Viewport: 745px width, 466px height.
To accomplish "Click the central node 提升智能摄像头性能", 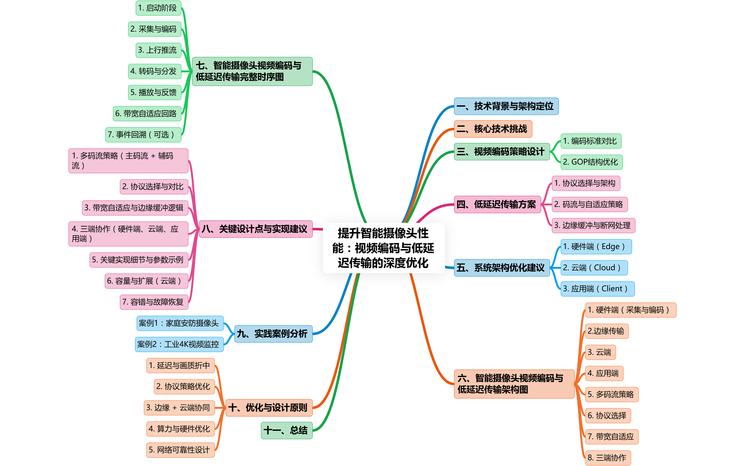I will point(384,248).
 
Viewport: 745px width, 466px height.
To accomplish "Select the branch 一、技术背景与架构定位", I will point(506,106).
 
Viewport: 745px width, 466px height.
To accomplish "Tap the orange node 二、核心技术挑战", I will point(493,129).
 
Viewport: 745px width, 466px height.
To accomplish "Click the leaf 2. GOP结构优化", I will point(591,162).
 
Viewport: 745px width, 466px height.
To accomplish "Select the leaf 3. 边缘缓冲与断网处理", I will point(593,225).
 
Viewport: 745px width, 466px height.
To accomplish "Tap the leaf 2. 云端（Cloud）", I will point(594,268).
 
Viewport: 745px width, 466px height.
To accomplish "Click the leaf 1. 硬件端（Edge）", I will point(596,247).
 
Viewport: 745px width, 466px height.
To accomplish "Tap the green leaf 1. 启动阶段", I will point(158,8).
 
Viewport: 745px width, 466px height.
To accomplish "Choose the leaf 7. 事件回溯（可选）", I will point(143,135).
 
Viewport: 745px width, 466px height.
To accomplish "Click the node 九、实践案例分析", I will point(273,334).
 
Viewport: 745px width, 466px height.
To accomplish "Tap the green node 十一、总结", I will point(286,430).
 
